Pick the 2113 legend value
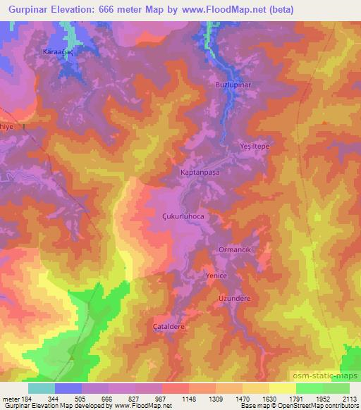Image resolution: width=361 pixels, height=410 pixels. click(349, 399)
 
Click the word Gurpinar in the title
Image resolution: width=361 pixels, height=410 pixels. click(27, 10)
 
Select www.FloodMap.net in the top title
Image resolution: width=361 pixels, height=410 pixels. click(231, 10)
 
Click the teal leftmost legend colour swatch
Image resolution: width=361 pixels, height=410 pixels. click(42, 388)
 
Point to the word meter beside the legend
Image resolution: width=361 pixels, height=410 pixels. click(10, 399)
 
